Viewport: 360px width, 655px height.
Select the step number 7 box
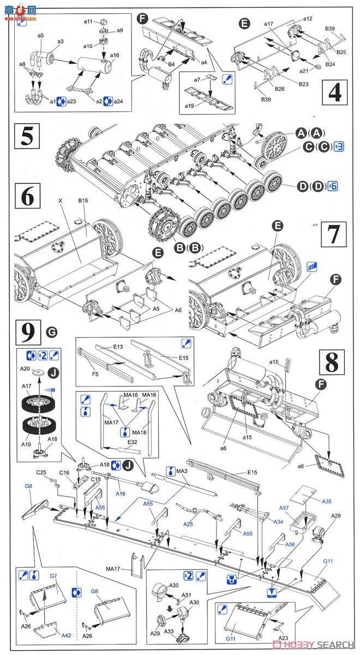[x=335, y=235]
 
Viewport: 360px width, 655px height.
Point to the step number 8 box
[x=332, y=361]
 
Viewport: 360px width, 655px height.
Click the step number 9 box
[x=27, y=331]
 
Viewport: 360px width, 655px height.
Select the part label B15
[x=82, y=201]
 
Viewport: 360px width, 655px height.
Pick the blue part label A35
[x=326, y=501]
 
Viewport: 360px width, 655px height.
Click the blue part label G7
[x=53, y=576]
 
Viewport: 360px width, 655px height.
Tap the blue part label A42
[x=65, y=635]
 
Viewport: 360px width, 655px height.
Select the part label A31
[x=187, y=595]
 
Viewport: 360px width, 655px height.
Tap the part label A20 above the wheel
[x=25, y=369]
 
